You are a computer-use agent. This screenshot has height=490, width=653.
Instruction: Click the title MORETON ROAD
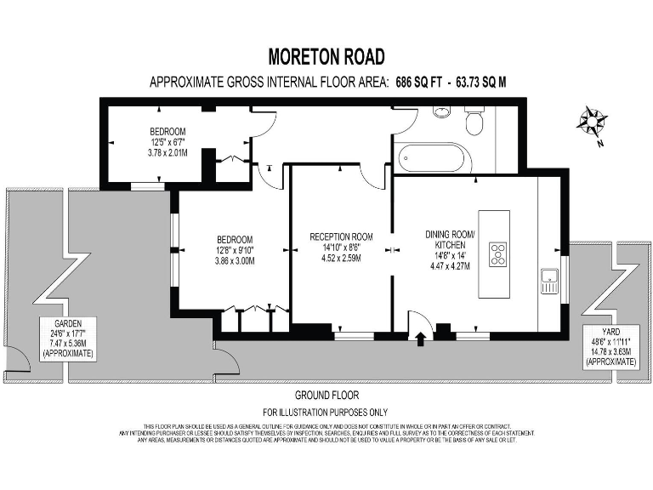point(326,57)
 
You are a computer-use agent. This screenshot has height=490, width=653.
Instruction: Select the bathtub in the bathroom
point(433,158)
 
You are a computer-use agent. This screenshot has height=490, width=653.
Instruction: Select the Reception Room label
point(341,236)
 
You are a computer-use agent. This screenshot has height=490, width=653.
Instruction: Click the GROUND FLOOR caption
point(326,396)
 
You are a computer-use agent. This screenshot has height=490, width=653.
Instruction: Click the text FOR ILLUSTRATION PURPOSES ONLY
point(326,411)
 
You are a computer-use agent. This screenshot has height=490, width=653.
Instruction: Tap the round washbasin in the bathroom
point(443,112)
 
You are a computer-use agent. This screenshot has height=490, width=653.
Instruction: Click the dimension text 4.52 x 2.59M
point(341,258)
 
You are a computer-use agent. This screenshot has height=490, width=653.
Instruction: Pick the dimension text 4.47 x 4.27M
point(450,265)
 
